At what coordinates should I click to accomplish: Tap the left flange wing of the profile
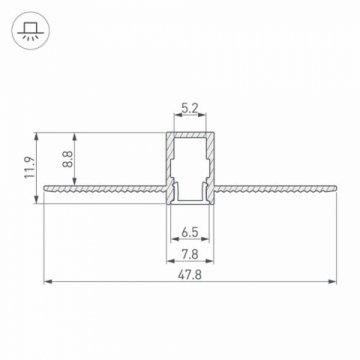tap(100, 186)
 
